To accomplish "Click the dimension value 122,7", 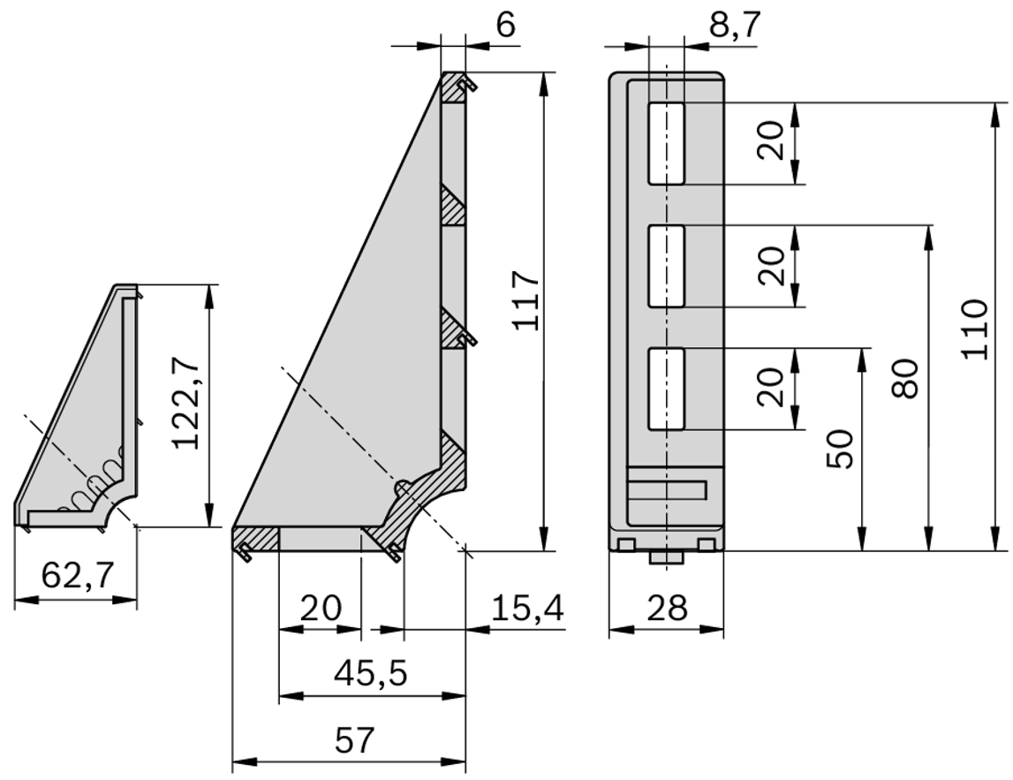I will (x=186, y=405).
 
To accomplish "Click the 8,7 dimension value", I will (x=732, y=26).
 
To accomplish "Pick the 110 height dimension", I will (x=974, y=329).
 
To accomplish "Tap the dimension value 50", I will (x=840, y=449).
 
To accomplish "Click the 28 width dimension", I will (x=666, y=608).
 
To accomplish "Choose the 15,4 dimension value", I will (x=526, y=608).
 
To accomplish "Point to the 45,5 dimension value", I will (x=370, y=674).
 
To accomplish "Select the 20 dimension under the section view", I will (x=320, y=608).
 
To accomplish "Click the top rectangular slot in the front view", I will (x=666, y=143).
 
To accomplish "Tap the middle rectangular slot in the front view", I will (x=666, y=266).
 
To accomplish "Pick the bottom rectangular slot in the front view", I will (x=666, y=389).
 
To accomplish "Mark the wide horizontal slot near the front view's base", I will (x=668, y=491).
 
